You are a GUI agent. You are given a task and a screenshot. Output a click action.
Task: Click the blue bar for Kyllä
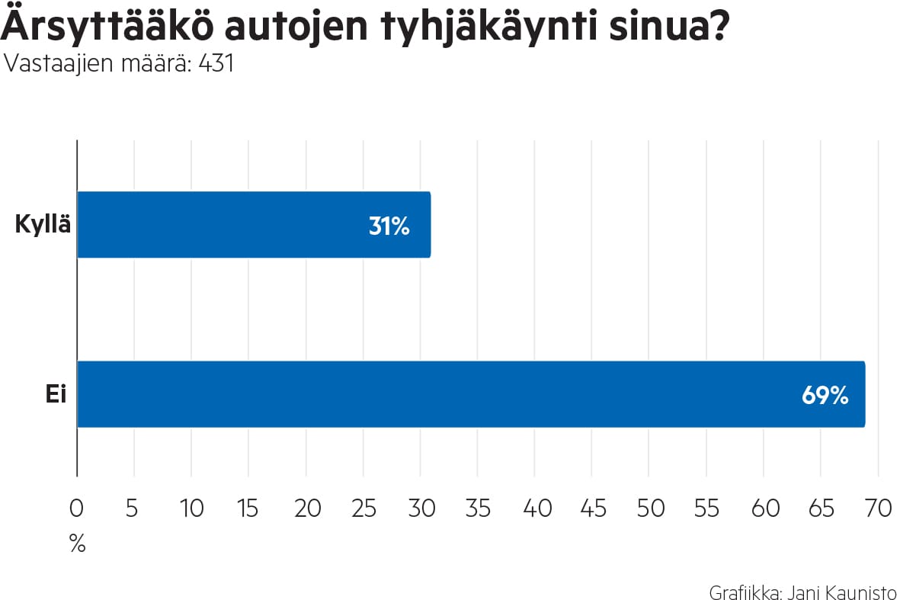point(254,224)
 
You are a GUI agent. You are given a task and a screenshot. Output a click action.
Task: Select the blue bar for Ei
point(471,394)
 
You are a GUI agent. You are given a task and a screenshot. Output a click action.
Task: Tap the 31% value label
point(389,226)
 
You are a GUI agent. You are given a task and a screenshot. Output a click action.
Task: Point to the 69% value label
point(825,396)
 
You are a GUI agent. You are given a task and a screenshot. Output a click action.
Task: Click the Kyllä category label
point(43,226)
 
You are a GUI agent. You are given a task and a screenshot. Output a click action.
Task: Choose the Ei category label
point(56,396)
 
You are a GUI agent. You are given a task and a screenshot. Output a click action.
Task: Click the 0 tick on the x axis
point(77,509)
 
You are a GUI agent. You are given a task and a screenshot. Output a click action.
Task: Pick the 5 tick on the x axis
point(133,509)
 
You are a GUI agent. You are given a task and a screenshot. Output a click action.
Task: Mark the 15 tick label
point(248,509)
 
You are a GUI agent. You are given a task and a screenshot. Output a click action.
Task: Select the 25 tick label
point(363,509)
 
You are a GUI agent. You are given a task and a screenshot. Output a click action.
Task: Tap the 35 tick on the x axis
point(478,509)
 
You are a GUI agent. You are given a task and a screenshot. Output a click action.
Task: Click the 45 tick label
point(592,509)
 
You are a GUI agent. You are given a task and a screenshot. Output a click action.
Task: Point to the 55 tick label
point(706,509)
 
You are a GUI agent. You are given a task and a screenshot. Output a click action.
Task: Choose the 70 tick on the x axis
point(878,509)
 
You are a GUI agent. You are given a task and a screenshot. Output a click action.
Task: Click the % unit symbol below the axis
point(77,544)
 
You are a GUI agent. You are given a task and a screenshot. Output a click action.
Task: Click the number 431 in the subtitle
point(215,64)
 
